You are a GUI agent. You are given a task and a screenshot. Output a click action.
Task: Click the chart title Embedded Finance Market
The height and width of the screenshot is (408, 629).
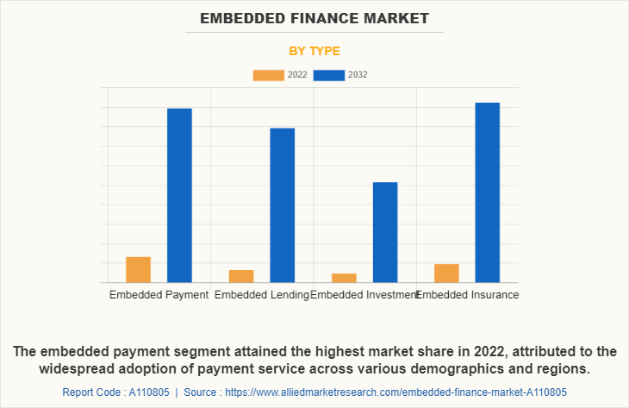coord(314,17)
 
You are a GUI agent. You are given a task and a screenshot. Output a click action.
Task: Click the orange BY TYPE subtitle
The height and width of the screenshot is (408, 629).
coord(314,51)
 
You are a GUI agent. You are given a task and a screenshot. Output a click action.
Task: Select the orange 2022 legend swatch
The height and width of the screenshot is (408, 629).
coord(268,75)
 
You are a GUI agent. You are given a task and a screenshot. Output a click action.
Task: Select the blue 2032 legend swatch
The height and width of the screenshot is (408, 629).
coord(329,75)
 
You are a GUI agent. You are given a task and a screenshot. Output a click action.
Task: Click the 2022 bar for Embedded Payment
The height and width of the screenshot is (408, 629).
coord(138,269)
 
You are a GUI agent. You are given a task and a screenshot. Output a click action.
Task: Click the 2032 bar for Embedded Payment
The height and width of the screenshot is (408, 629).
coord(179,195)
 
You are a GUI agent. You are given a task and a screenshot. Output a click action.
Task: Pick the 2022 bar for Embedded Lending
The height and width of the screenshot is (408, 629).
coord(241,276)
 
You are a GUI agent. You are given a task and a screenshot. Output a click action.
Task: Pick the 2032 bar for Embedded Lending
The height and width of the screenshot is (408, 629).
coord(282,204)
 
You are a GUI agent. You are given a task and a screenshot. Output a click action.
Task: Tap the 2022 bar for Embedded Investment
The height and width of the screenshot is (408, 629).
coord(344,278)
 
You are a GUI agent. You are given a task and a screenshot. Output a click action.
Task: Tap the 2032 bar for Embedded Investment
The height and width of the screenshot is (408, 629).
coord(385,232)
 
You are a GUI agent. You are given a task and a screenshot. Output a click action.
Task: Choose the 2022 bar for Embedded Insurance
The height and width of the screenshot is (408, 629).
coord(446,273)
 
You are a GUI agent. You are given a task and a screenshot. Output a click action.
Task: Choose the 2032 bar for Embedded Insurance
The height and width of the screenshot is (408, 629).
coord(488,192)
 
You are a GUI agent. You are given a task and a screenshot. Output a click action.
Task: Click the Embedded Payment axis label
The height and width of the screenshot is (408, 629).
coord(159,295)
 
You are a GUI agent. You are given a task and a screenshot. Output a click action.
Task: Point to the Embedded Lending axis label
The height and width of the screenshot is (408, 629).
coord(262,295)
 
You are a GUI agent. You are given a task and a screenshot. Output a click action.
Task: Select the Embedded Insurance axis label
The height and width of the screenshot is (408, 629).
coord(468,295)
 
